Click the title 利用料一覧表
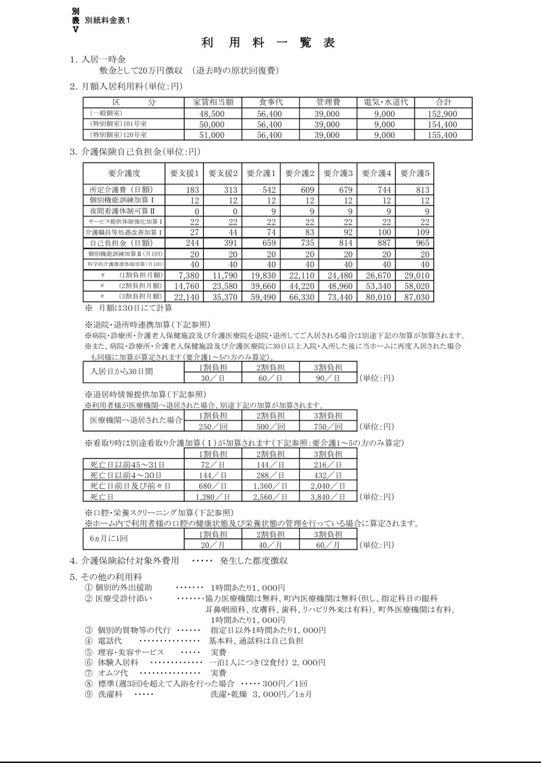pos(268,43)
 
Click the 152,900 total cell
pos(443,114)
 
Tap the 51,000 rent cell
pos(212,135)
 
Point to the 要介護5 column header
pos(415,173)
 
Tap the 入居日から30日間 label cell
pos(122,371)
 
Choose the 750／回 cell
pos(328,426)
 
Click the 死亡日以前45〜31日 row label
pos(127,464)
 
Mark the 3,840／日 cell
pos(328,497)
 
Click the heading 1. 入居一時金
pos(98,59)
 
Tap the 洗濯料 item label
pos(110,694)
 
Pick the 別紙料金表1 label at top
pos(107,20)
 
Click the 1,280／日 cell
pos(212,497)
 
